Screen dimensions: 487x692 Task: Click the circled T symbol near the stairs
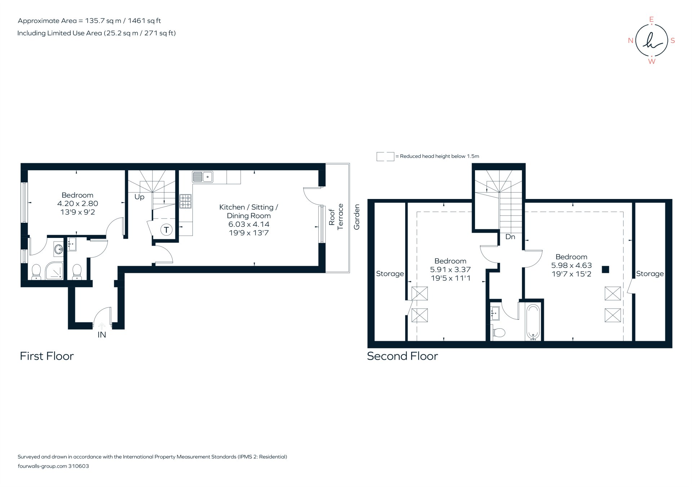[166, 230]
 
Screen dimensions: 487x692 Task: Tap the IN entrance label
[102, 335]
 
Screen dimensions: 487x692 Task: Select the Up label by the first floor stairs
[139, 197]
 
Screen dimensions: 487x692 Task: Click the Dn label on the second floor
[510, 237]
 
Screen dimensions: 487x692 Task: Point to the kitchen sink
[202, 177]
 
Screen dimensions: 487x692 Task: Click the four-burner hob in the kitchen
[186, 201]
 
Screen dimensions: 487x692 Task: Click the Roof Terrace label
[336, 217]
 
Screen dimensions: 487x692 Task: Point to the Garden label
[357, 217]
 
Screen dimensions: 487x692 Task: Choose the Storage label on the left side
[390, 274]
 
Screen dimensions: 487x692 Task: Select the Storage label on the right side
[649, 274]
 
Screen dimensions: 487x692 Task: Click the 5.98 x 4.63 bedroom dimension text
[571, 265]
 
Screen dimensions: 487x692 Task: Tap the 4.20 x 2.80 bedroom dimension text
[77, 204]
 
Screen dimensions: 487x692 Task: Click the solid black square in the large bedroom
[605, 269]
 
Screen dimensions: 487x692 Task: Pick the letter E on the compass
[651, 19]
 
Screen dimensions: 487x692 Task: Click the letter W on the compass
[652, 62]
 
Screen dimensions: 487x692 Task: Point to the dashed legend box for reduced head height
[385, 156]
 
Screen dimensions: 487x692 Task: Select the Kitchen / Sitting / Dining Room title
[248, 211]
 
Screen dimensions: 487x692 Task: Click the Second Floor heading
[402, 356]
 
